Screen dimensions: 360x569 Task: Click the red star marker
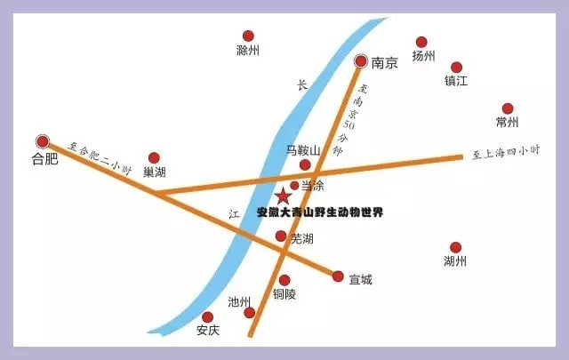(x=283, y=196)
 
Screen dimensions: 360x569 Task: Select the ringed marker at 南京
(x=361, y=60)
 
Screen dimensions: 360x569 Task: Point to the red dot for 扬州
(x=421, y=42)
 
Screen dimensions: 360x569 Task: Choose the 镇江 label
(x=456, y=81)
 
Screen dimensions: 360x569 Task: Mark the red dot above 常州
(x=508, y=108)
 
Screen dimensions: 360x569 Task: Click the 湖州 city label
(x=455, y=261)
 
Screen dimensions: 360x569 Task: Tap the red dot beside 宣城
(x=338, y=276)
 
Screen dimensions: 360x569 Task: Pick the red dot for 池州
(x=250, y=312)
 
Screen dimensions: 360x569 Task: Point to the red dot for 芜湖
(x=281, y=236)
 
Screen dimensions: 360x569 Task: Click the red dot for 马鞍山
(x=305, y=165)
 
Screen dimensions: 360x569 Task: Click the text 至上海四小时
(x=506, y=153)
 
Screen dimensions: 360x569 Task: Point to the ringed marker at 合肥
(x=42, y=141)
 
